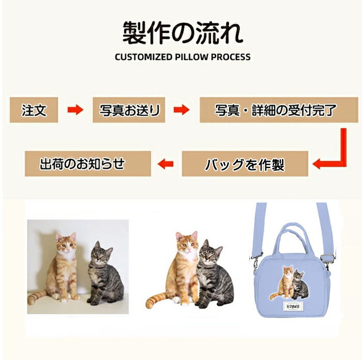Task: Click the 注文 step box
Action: click(34, 110)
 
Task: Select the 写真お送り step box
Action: click(129, 110)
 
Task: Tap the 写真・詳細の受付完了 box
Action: click(279, 110)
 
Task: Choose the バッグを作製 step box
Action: click(245, 164)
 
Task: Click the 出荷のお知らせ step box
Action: click(88, 164)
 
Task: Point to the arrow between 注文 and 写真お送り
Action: click(76, 110)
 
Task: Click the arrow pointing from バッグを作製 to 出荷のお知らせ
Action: click(165, 164)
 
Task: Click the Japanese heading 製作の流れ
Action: click(183, 33)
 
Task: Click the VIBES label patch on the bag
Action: click(293, 306)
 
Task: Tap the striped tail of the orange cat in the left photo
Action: click(37, 297)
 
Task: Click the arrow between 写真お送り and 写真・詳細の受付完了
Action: click(182, 110)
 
